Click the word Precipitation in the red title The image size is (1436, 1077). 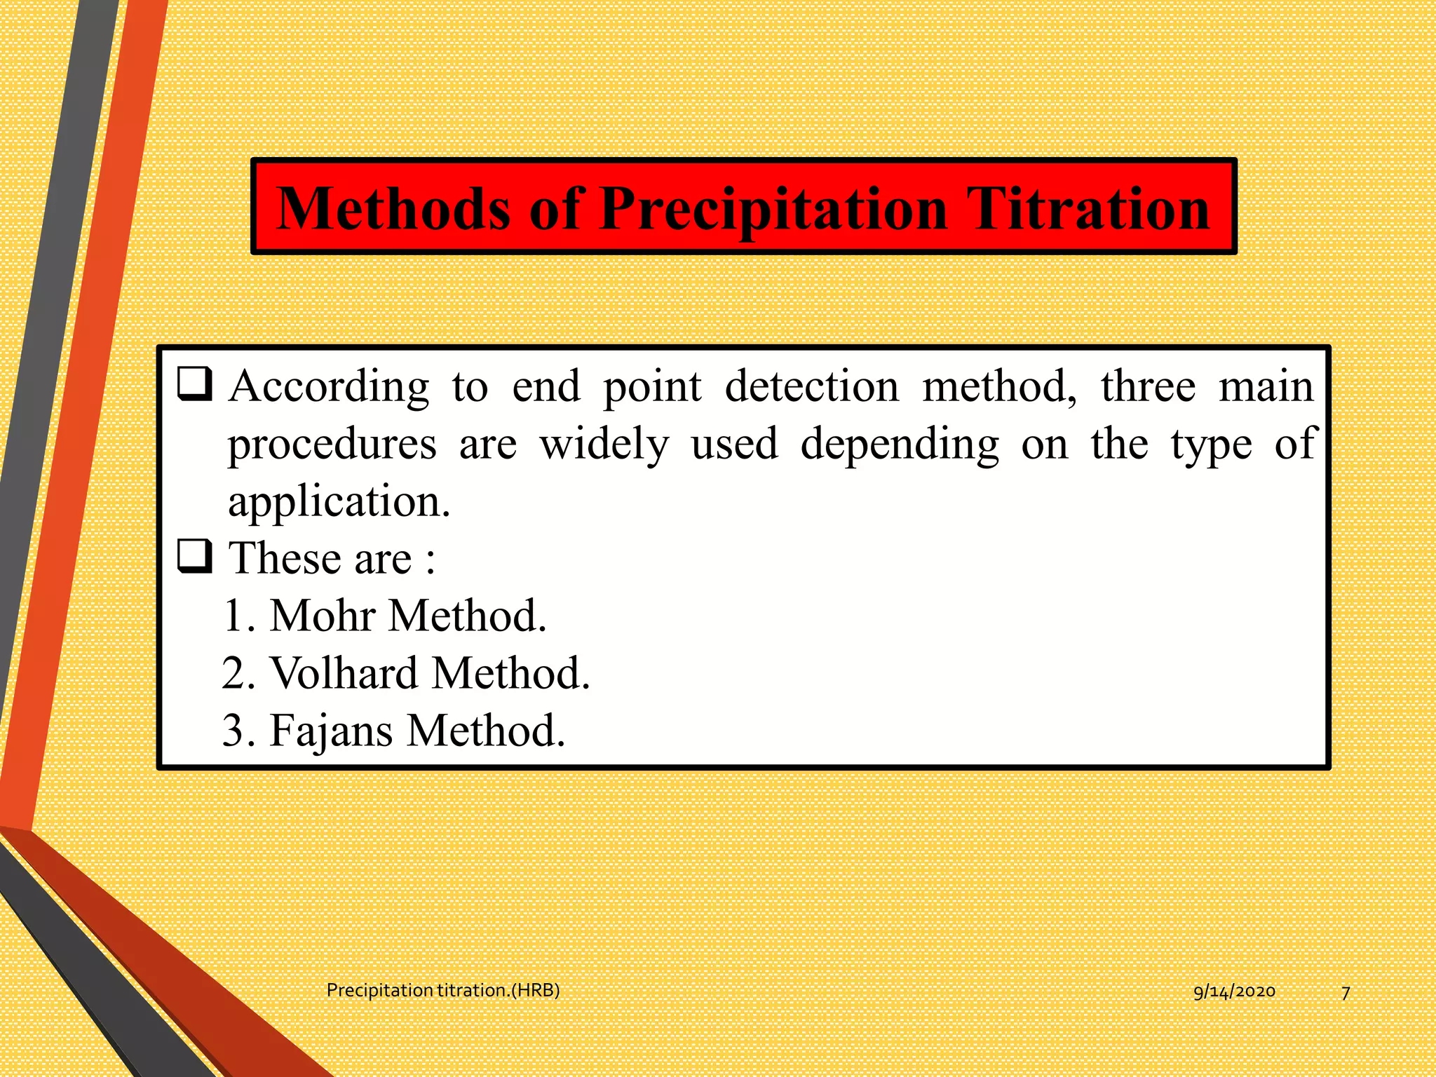click(x=773, y=209)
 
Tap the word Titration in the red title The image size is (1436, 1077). click(x=1088, y=209)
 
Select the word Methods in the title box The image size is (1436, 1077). click(x=393, y=209)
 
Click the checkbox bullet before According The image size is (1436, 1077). click(x=194, y=384)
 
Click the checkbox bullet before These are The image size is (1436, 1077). click(x=194, y=557)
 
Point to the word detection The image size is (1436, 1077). click(x=811, y=386)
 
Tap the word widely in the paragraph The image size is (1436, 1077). click(x=604, y=445)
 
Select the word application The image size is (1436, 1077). click(x=339, y=502)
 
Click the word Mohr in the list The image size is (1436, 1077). click(x=323, y=616)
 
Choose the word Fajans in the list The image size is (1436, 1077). click(x=332, y=731)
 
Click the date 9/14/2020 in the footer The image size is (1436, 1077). click(x=1234, y=991)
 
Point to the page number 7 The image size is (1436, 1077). click(x=1346, y=993)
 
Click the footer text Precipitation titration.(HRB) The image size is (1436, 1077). click(x=443, y=990)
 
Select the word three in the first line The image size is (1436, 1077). click(x=1148, y=386)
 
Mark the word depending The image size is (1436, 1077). click(x=900, y=445)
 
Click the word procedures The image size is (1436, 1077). click(x=332, y=445)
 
